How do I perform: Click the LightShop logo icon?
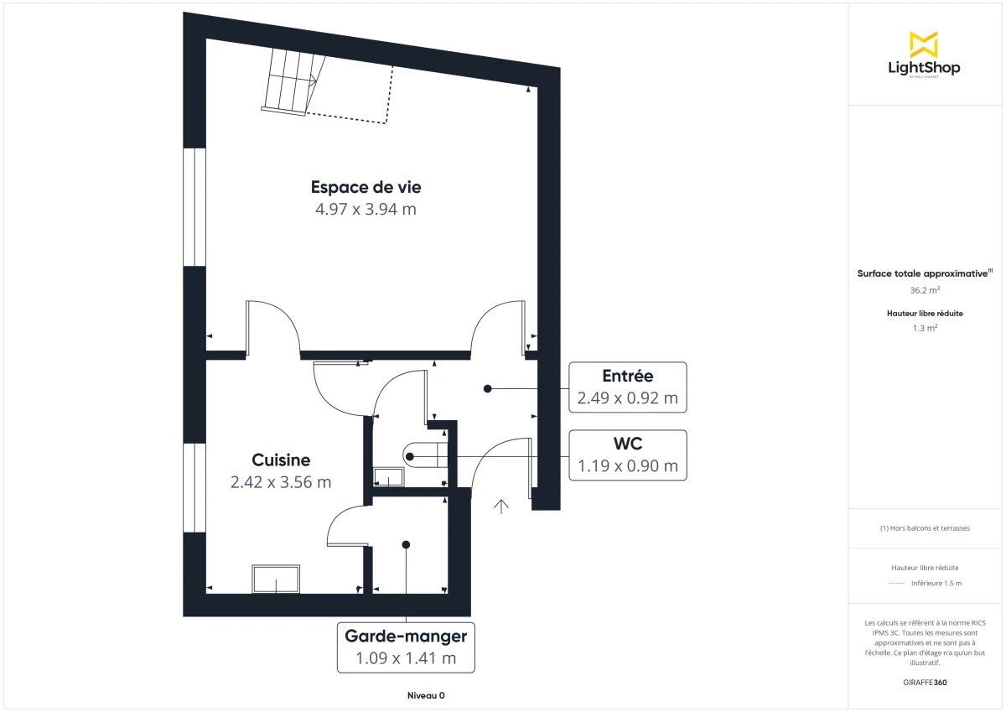pyautogui.click(x=924, y=44)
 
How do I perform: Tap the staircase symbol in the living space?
pyautogui.click(x=289, y=81)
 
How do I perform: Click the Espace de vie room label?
pyautogui.click(x=366, y=187)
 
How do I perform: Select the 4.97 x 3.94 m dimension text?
pyautogui.click(x=366, y=210)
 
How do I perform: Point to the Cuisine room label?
pyautogui.click(x=281, y=460)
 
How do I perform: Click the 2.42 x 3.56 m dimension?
pyautogui.click(x=281, y=482)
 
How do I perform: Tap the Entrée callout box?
pyautogui.click(x=627, y=387)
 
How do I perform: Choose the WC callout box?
pyautogui.click(x=627, y=455)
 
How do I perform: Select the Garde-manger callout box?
pyautogui.click(x=406, y=647)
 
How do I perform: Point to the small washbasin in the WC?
pyautogui.click(x=388, y=478)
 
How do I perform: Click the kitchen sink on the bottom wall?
pyautogui.click(x=276, y=579)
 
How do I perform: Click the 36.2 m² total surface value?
pyautogui.click(x=924, y=290)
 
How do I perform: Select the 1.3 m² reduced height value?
pyautogui.click(x=924, y=328)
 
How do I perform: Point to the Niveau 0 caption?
pyautogui.click(x=426, y=696)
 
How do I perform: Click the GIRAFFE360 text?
pyautogui.click(x=924, y=683)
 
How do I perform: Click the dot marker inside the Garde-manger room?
pyautogui.click(x=406, y=544)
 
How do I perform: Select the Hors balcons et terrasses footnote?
pyautogui.click(x=924, y=528)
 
